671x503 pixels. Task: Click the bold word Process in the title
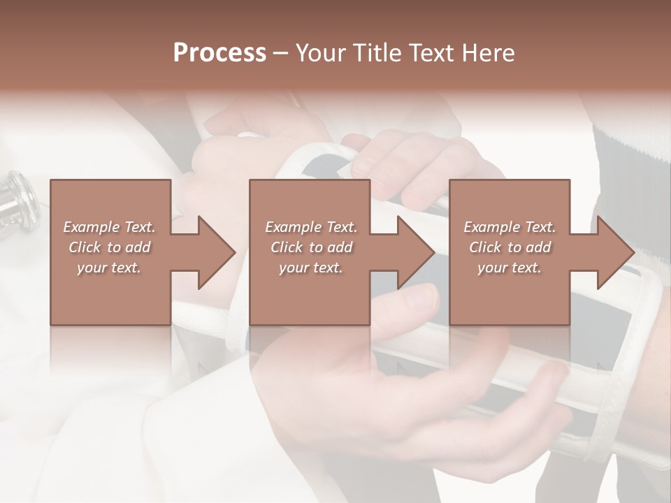219,53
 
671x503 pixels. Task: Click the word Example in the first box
92,227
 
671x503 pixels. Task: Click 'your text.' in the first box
109,268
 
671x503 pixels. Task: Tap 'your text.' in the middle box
310,268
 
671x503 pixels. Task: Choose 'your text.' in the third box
509,268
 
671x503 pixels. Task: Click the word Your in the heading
322,53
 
